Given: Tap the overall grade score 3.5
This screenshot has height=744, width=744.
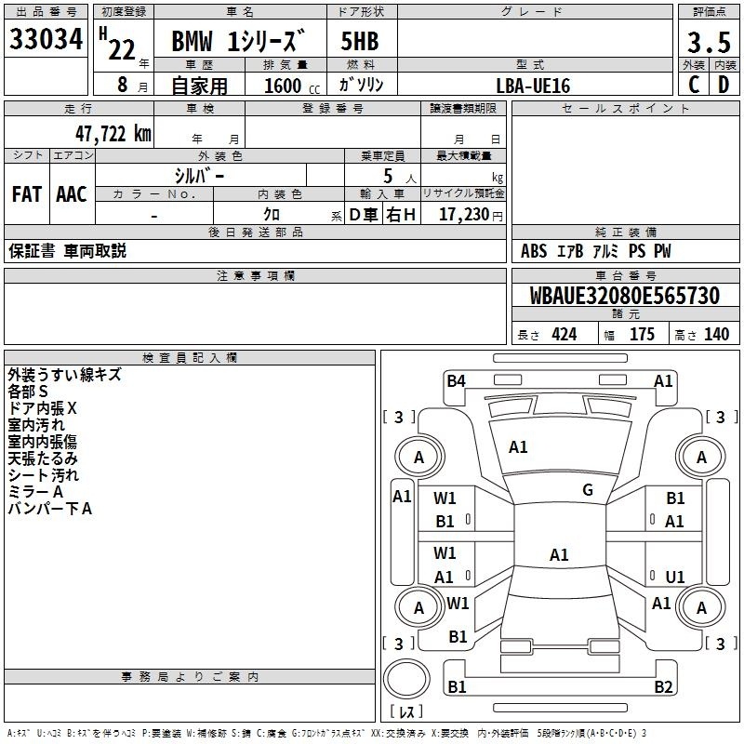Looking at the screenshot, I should pyautogui.click(x=707, y=43).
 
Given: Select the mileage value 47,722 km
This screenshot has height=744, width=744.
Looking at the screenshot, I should pyautogui.click(x=110, y=134).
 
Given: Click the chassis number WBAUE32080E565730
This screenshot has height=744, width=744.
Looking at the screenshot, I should pyautogui.click(x=624, y=296).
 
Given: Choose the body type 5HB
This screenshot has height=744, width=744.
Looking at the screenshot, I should pyautogui.click(x=361, y=43).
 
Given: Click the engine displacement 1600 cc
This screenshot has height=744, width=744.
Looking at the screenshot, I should pyautogui.click(x=285, y=86).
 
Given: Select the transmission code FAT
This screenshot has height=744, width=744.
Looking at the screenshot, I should pyautogui.click(x=26, y=194).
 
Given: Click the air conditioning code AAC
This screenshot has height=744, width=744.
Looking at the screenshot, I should pyautogui.click(x=72, y=194).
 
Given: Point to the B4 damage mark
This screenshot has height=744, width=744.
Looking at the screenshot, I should pyautogui.click(x=456, y=379).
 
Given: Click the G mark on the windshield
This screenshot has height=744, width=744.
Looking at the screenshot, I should pyautogui.click(x=588, y=489).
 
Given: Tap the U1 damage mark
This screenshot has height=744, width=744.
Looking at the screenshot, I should pyautogui.click(x=675, y=577).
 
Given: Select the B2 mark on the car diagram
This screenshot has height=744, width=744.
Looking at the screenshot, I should pyautogui.click(x=663, y=687).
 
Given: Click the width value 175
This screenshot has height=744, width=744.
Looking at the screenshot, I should pyautogui.click(x=642, y=335).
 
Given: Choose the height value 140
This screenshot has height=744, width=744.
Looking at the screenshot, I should pyautogui.click(x=716, y=335).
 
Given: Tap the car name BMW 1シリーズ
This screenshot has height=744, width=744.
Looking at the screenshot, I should pyautogui.click(x=239, y=43).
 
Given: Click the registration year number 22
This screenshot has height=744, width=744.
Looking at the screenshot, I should pyautogui.click(x=121, y=48).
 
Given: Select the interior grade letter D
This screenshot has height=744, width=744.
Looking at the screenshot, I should pyautogui.click(x=724, y=85).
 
